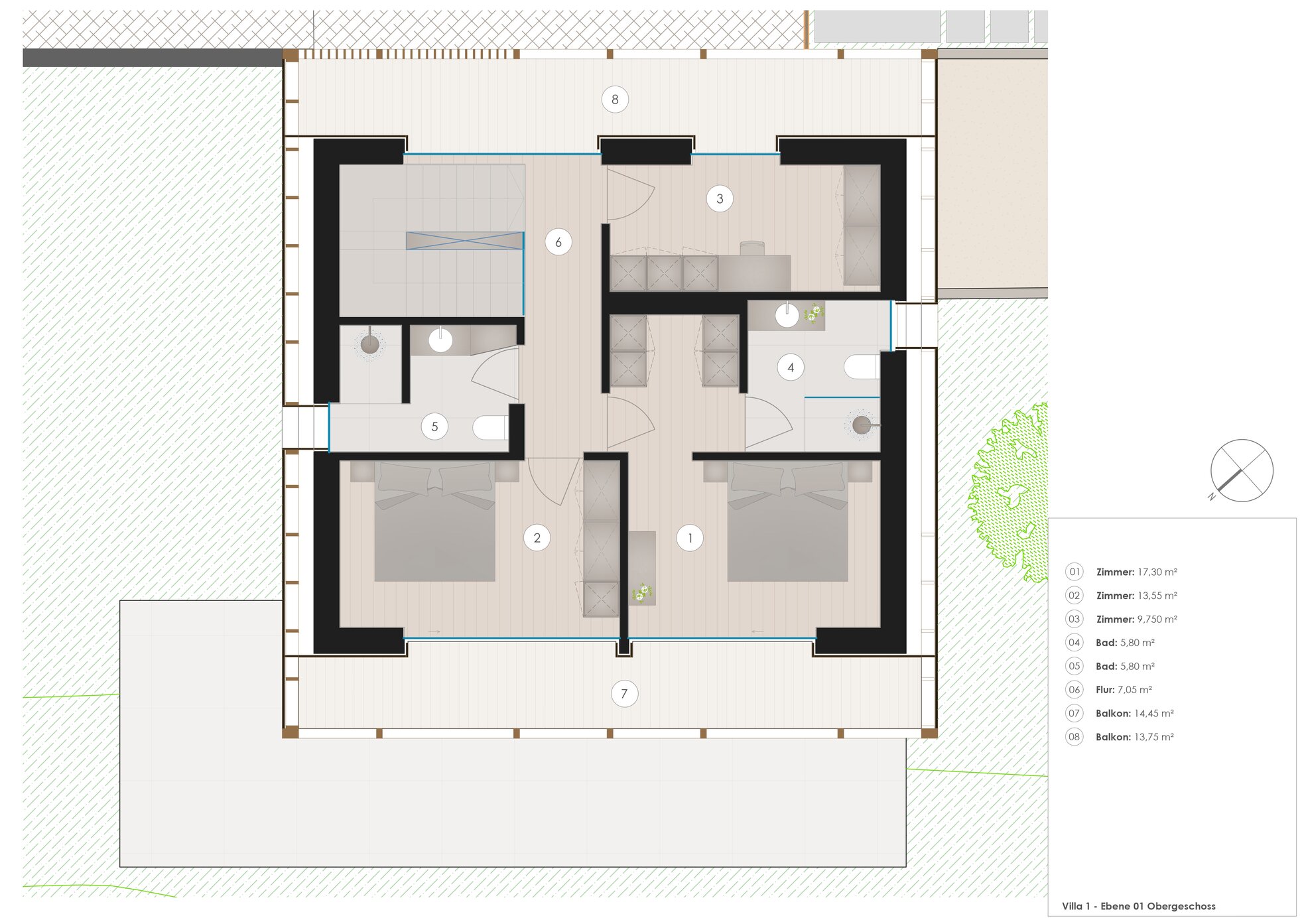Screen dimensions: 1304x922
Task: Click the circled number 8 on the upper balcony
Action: pyautogui.click(x=615, y=99)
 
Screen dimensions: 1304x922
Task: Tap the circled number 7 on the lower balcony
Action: pyautogui.click(x=624, y=694)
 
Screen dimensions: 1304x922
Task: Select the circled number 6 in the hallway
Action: pyautogui.click(x=558, y=242)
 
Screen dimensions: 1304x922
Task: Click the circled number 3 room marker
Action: pyautogui.click(x=720, y=198)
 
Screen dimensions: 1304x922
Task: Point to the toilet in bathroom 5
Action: pyautogui.click(x=490, y=428)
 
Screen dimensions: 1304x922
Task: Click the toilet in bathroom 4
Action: pyautogui.click(x=862, y=367)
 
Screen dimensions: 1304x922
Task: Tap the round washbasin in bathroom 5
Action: pyautogui.click(x=440, y=340)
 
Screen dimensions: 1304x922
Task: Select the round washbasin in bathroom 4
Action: pyautogui.click(x=787, y=316)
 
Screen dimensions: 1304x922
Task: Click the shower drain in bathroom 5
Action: pyautogui.click(x=369, y=344)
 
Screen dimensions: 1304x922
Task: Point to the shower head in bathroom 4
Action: pyautogui.click(x=862, y=425)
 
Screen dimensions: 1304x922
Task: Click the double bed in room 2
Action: pyautogui.click(x=434, y=521)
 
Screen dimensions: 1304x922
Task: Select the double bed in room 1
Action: pyautogui.click(x=787, y=521)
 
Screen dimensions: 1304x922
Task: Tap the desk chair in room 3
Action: pyautogui.click(x=752, y=248)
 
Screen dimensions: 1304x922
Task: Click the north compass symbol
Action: pyautogui.click(x=1242, y=471)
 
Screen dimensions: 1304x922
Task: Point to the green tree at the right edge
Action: pyautogui.click(x=1009, y=492)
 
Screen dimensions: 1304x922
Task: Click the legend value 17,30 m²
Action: pyautogui.click(x=1157, y=572)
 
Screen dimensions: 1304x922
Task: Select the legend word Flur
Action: pyautogui.click(x=1105, y=690)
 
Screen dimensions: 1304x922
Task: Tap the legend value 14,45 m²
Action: pyautogui.click(x=1154, y=714)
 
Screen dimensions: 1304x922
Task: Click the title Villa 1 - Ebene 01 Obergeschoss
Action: pyautogui.click(x=1139, y=906)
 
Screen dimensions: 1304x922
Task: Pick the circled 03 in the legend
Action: pyautogui.click(x=1075, y=619)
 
